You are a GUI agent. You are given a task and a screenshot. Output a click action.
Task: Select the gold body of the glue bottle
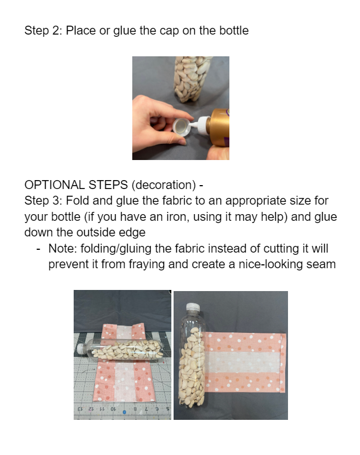218,127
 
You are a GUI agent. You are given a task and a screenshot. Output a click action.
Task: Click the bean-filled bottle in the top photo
192,79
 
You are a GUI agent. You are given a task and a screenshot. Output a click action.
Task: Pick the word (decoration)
164,185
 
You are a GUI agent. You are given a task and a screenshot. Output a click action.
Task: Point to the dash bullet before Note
38,249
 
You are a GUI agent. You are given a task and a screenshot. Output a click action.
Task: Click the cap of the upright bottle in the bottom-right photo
193,307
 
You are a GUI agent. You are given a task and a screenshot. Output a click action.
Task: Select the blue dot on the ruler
124,412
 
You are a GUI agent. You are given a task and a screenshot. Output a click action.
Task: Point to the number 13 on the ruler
80,409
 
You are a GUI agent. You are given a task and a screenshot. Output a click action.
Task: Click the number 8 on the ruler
135,409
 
